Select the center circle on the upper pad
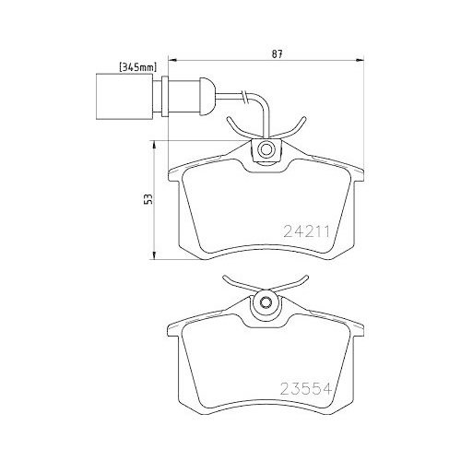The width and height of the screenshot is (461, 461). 266,149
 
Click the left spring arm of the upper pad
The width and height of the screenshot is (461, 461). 237,130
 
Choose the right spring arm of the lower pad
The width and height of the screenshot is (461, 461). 294,284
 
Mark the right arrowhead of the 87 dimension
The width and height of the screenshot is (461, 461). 359,61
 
